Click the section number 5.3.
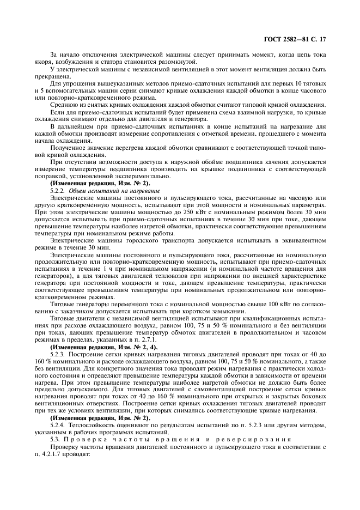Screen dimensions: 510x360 click(56, 439)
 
